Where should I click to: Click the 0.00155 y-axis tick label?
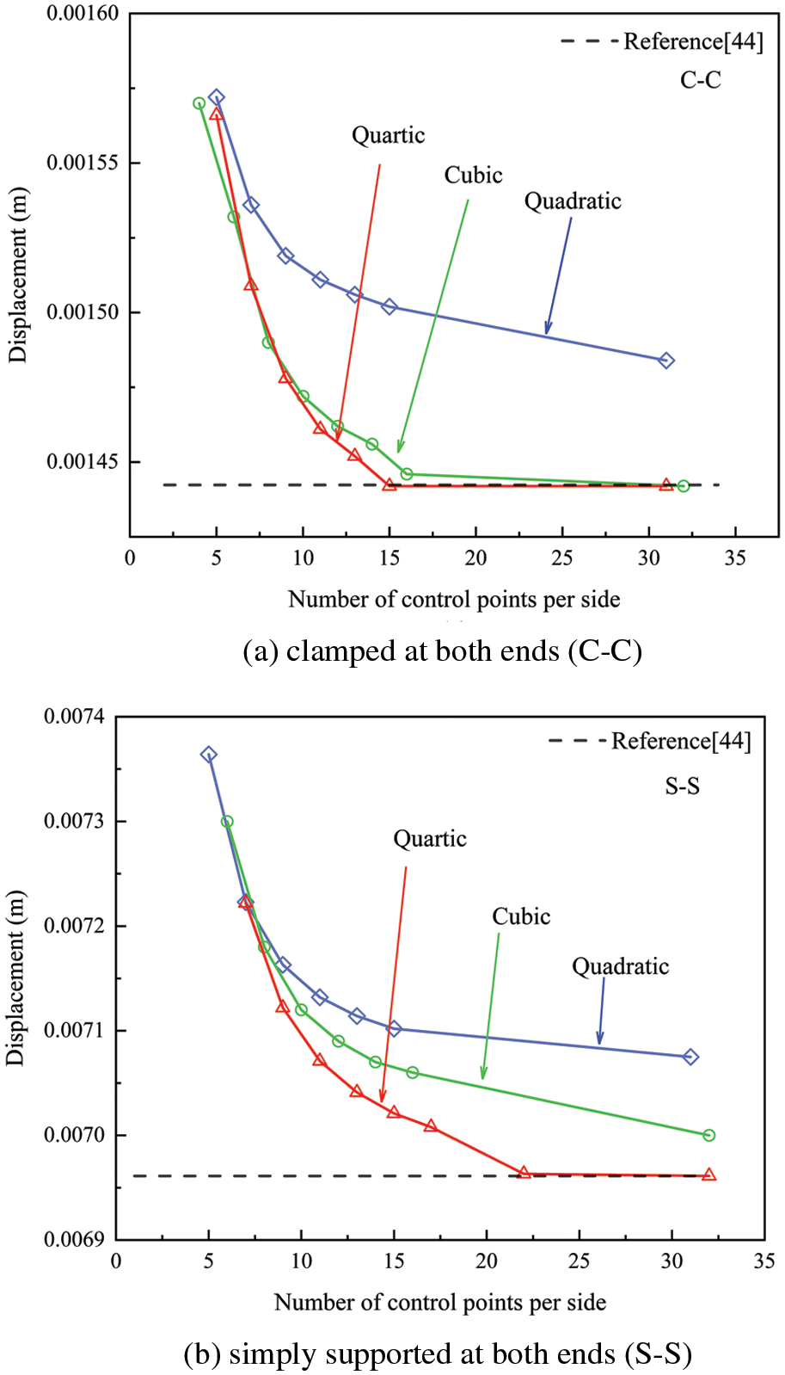point(83,163)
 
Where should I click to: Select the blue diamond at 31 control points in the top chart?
point(666,361)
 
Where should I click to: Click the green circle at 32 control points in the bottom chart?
point(709,1135)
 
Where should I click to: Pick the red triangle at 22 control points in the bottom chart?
point(524,1173)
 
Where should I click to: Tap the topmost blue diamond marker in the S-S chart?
point(208,755)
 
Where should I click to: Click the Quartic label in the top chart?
point(388,135)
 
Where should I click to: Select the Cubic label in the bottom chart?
point(521,916)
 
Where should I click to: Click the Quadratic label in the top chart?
point(573,201)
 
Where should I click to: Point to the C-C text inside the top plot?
point(700,80)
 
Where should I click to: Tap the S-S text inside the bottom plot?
point(682,786)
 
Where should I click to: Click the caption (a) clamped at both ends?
point(442,651)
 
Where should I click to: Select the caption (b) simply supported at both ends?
point(438,1354)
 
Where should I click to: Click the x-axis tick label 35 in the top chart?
point(735,558)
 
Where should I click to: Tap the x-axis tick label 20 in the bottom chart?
point(487,1261)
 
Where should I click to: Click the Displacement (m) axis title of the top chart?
point(18,274)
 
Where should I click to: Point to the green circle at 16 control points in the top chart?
point(407,474)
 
